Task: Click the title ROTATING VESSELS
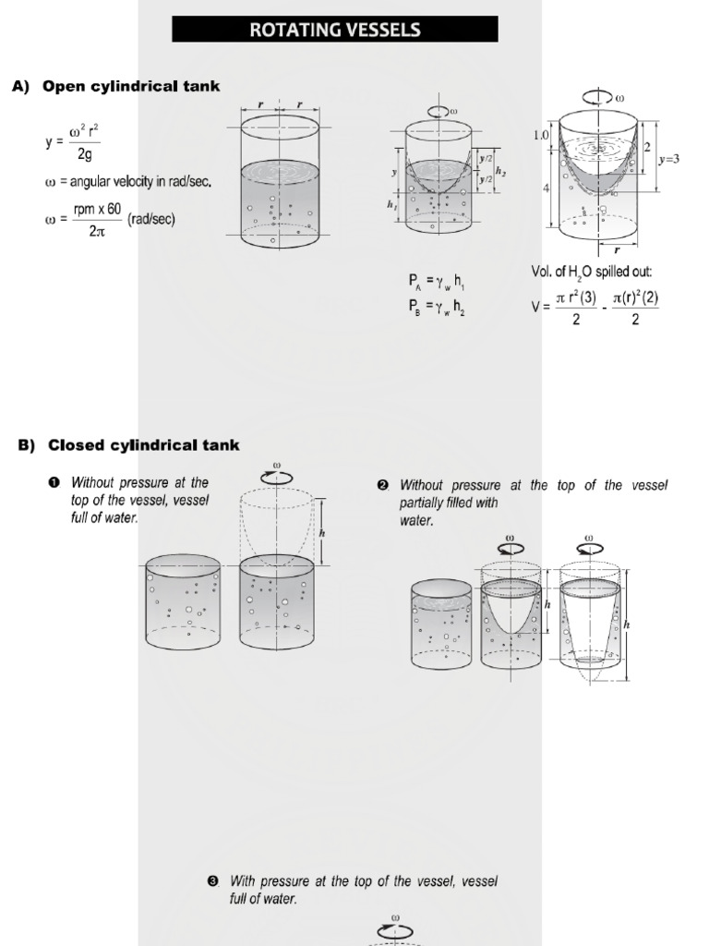[334, 30]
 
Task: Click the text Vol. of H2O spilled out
[592, 272]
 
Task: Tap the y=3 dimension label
[669, 159]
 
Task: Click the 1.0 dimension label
[541, 135]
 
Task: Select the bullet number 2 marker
[382, 486]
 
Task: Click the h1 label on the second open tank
[391, 207]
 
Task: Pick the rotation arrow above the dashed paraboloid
[278, 477]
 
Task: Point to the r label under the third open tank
[617, 249]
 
